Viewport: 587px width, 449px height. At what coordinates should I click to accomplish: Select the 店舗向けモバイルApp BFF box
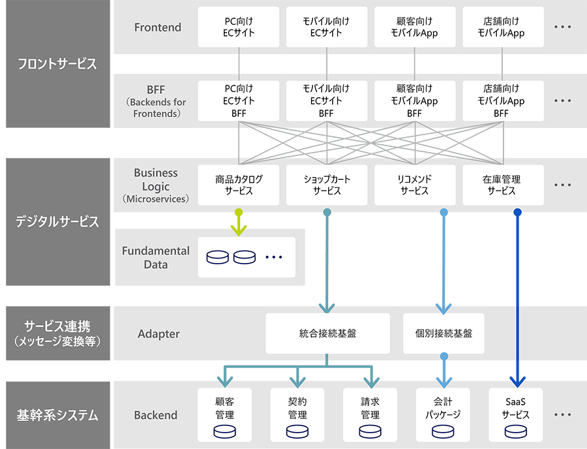click(x=501, y=101)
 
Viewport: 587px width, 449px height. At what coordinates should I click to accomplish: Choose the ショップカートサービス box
click(x=326, y=185)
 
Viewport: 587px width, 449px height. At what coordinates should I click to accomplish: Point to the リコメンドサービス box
click(x=414, y=185)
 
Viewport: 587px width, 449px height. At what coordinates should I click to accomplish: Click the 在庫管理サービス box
click(x=501, y=185)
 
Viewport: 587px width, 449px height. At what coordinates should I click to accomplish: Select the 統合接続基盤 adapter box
click(x=327, y=333)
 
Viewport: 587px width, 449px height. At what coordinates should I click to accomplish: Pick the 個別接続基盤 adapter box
click(x=444, y=333)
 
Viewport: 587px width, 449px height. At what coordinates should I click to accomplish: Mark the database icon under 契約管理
click(x=297, y=431)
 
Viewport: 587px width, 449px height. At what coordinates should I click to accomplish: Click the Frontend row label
click(x=158, y=27)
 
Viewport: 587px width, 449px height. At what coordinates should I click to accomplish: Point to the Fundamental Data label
click(x=156, y=258)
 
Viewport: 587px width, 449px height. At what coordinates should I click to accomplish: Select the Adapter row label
click(x=158, y=334)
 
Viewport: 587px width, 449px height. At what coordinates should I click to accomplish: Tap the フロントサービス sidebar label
click(x=57, y=64)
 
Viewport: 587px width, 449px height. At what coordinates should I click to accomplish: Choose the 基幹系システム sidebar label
click(x=57, y=415)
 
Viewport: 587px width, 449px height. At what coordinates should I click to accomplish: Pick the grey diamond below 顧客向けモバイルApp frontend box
click(x=414, y=64)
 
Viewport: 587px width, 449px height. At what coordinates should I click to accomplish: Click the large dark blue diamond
click(x=518, y=258)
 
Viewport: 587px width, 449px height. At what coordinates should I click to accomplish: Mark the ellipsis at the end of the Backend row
click(x=562, y=414)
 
